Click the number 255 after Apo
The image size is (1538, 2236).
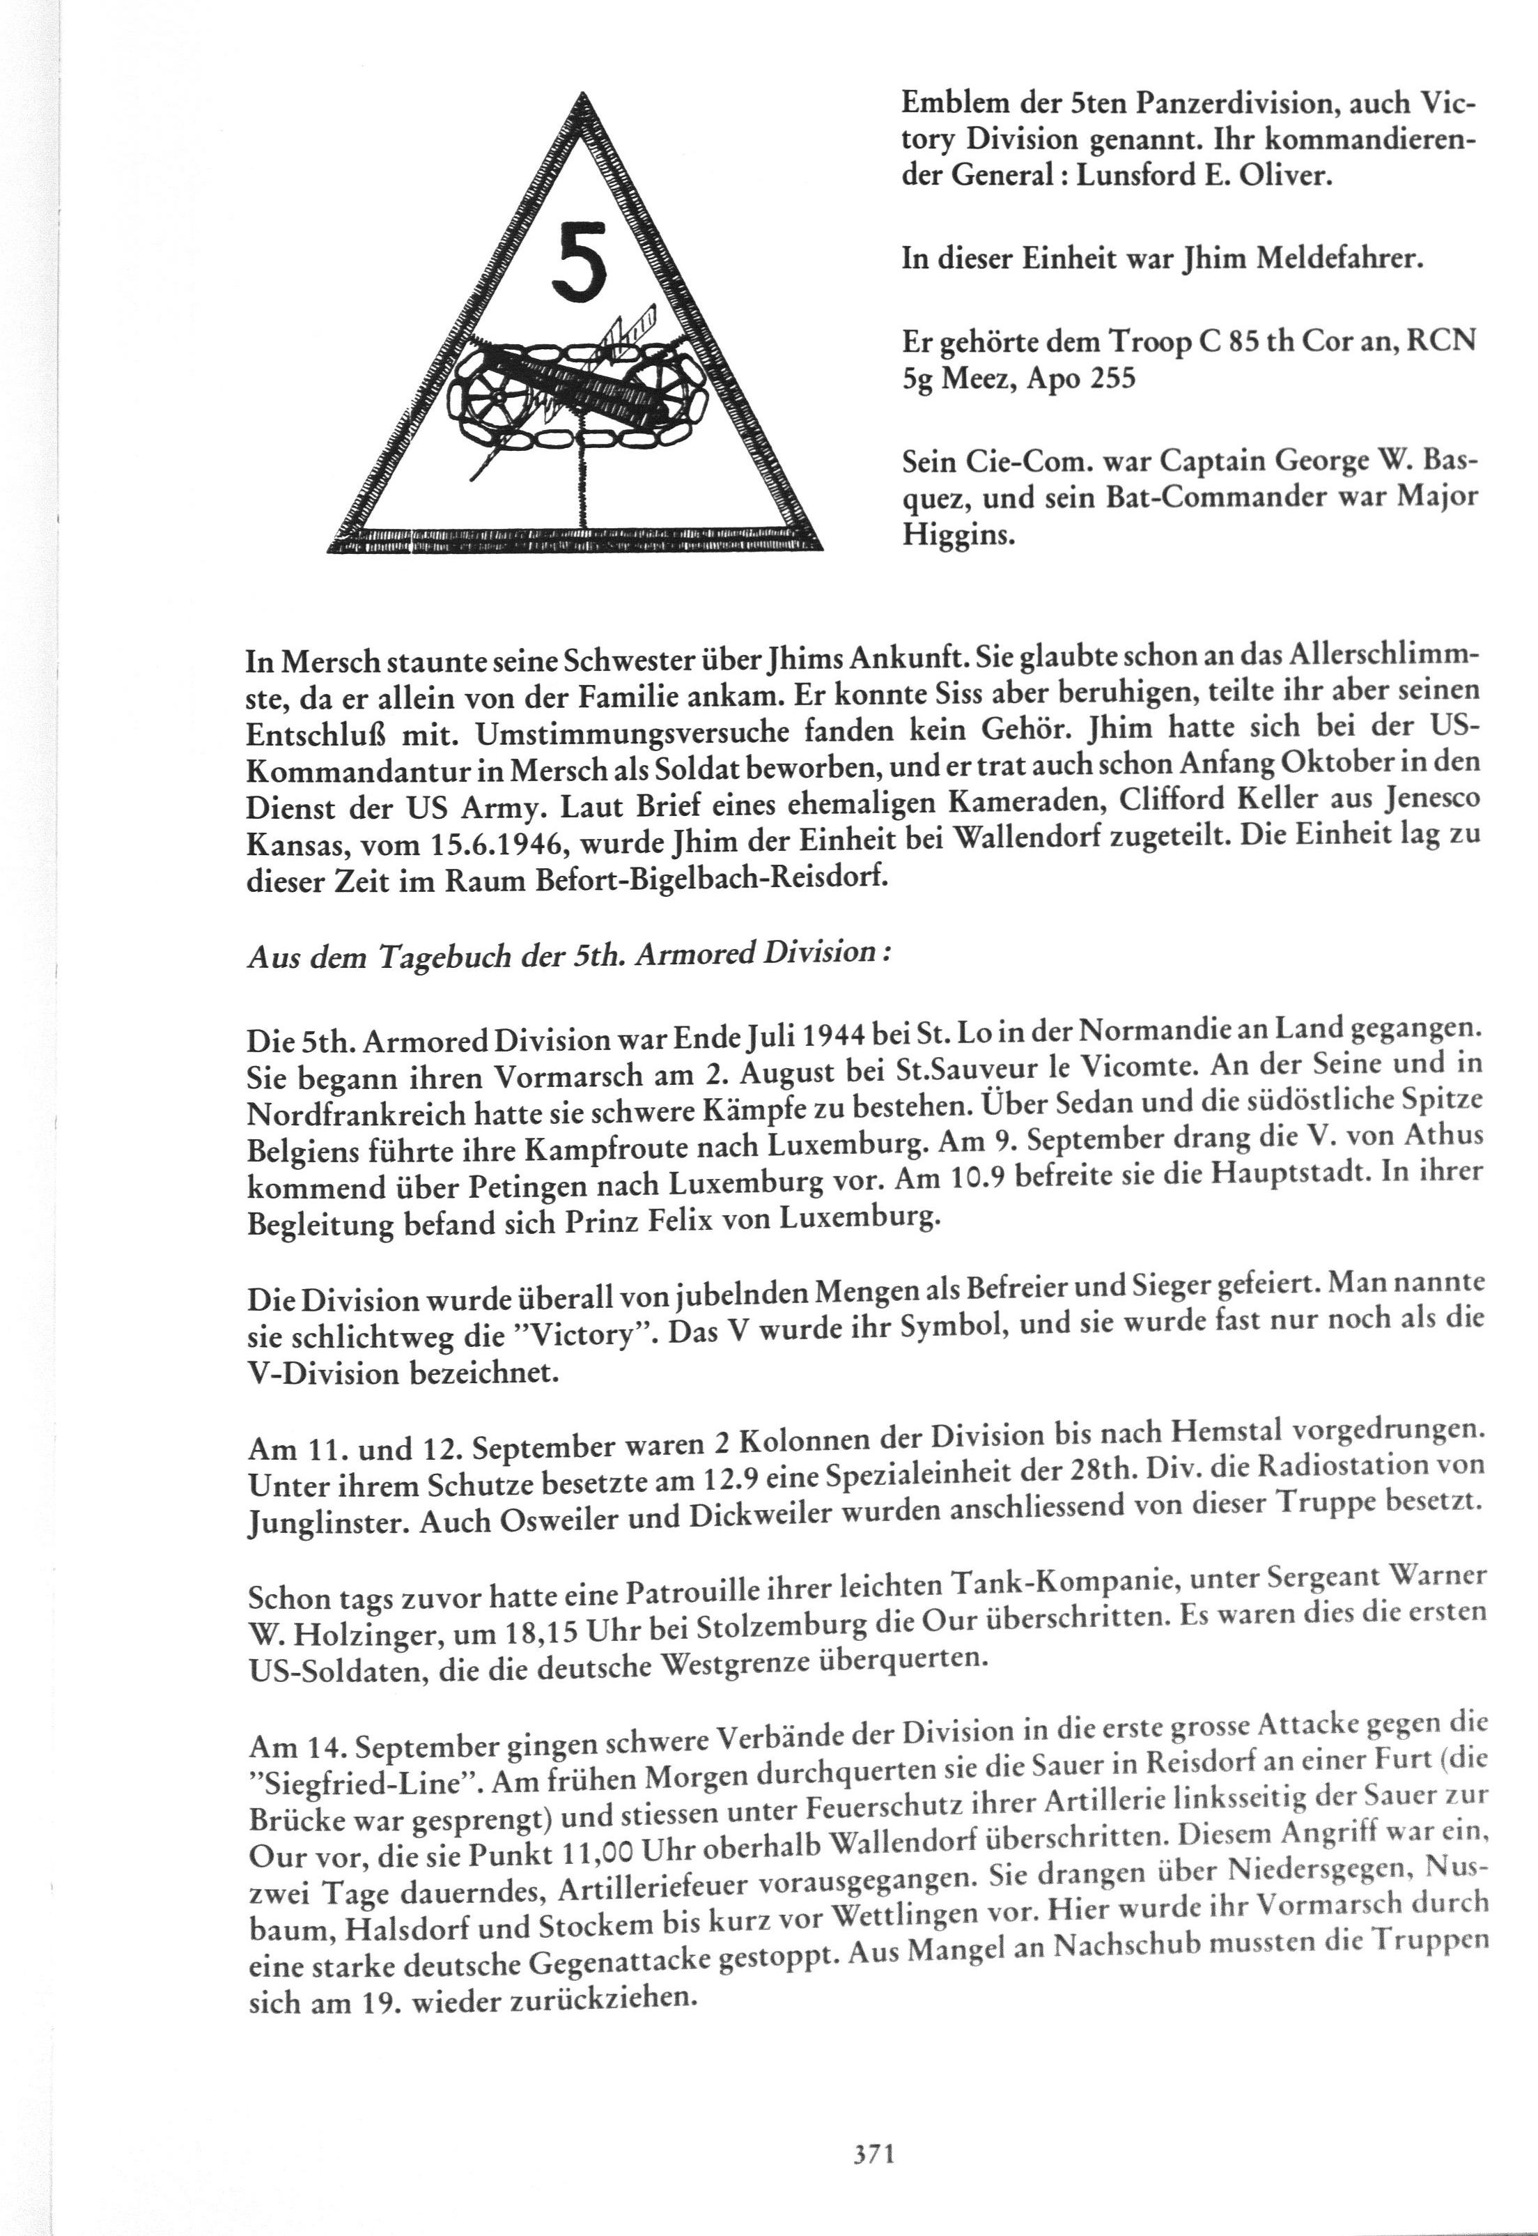(1111, 378)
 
